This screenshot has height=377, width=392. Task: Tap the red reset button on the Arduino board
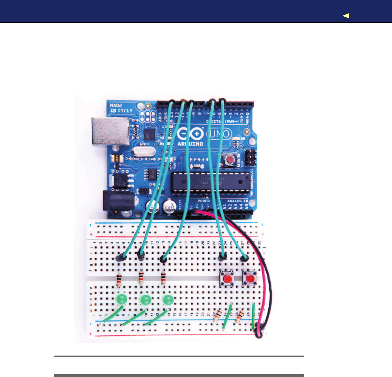pos(229,159)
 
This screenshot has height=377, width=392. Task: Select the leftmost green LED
pos(121,300)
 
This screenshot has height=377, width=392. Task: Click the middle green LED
pos(145,300)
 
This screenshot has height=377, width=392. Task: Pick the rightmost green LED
pos(168,300)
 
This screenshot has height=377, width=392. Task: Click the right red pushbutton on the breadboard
pos(250,279)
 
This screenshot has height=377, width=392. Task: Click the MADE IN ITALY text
pos(121,108)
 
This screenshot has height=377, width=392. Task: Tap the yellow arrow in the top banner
pos(346,16)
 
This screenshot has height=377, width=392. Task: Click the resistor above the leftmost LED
pos(119,280)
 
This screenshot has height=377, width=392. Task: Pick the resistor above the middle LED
pos(141,279)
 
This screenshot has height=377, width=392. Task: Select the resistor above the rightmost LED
pos(163,279)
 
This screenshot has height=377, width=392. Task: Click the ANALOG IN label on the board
pos(238,201)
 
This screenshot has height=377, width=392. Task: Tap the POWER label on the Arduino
pos(204,201)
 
